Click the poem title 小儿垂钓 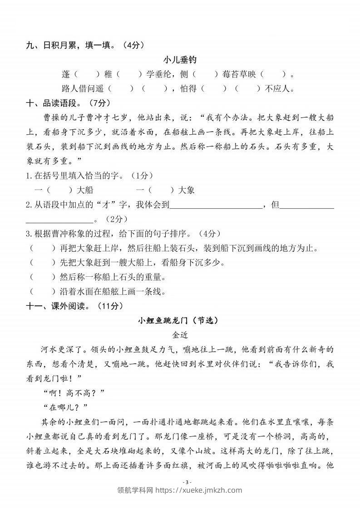tap(180, 60)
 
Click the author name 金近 tap(180, 335)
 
